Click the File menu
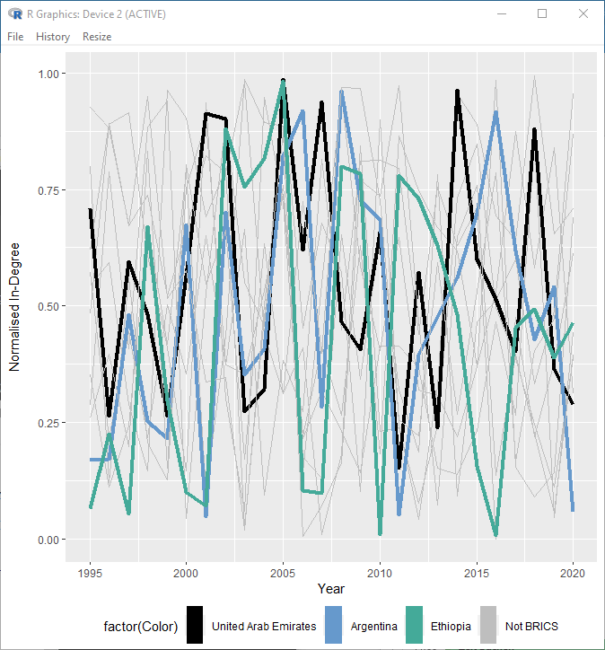pyautogui.click(x=15, y=37)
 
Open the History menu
pyautogui.click(x=53, y=37)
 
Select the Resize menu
pyautogui.click(x=97, y=37)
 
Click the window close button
pyautogui.click(x=583, y=14)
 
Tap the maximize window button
pyautogui.click(x=542, y=14)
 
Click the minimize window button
pyautogui.click(x=501, y=14)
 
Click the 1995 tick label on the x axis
pyautogui.click(x=90, y=572)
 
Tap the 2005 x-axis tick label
pyautogui.click(x=284, y=572)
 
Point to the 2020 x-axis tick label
pyautogui.click(x=573, y=572)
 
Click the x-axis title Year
pyautogui.click(x=331, y=589)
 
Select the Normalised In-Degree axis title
pyautogui.click(x=15, y=306)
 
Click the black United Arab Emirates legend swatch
pyautogui.click(x=194, y=626)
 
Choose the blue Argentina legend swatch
pyautogui.click(x=334, y=626)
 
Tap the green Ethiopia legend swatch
pyautogui.click(x=414, y=626)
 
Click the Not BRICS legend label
pyautogui.click(x=531, y=626)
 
